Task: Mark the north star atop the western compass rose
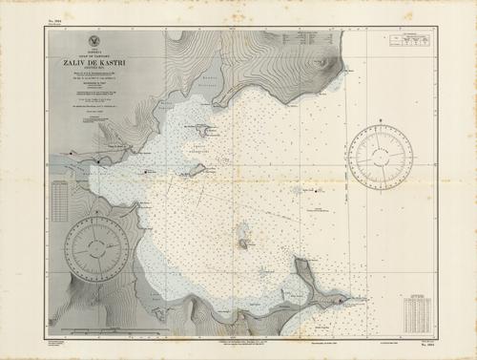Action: click(97, 222)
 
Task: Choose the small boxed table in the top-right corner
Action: click(410, 41)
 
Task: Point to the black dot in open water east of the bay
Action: click(318, 191)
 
